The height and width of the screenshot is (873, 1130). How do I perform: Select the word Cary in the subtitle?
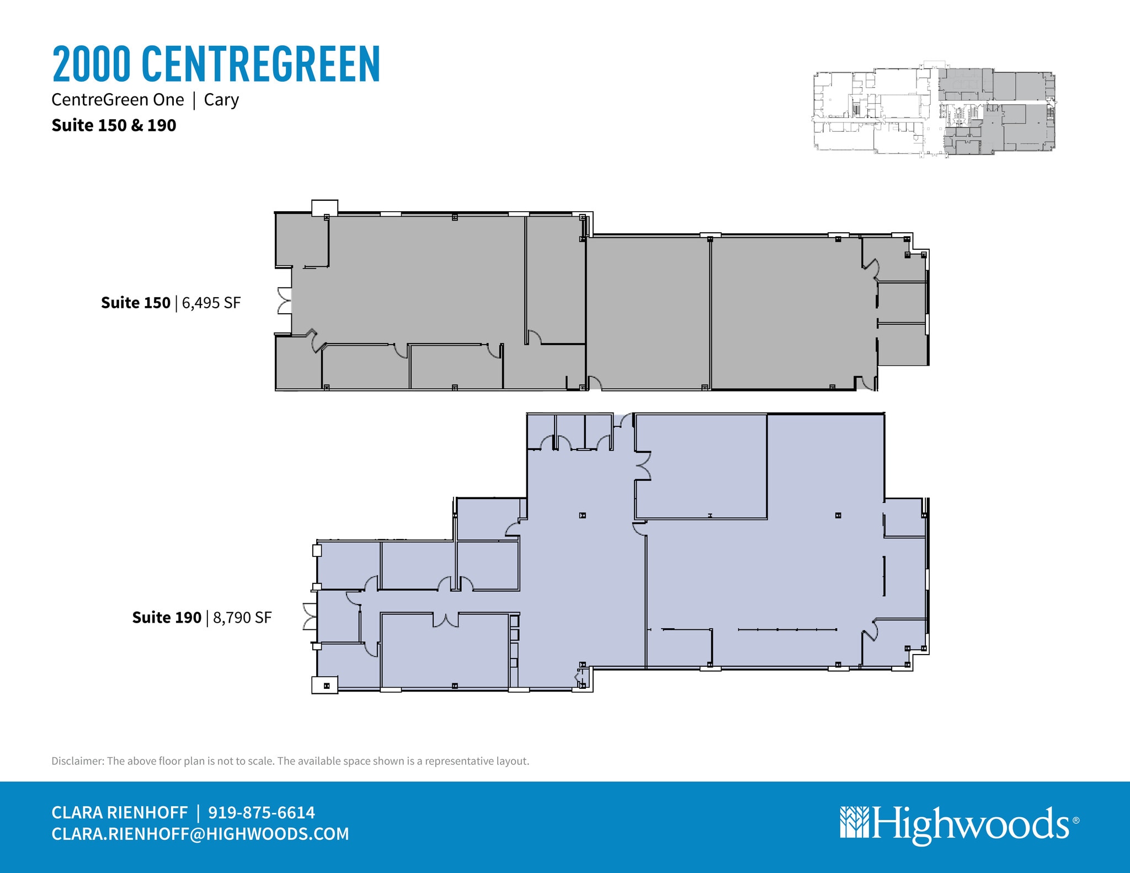coord(221,100)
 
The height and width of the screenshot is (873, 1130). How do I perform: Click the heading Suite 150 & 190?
coord(114,126)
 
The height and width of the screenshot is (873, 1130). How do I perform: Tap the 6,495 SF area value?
coord(211,303)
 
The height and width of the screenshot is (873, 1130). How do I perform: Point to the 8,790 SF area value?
coord(242,618)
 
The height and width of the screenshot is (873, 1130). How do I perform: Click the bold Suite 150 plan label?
coord(136,303)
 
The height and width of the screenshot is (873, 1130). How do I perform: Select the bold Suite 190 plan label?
coord(167,618)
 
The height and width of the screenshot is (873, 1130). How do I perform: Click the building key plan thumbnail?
coord(934,111)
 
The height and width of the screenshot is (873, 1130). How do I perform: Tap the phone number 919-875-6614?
coord(262,812)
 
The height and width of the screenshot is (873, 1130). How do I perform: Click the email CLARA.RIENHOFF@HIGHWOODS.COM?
coord(200,834)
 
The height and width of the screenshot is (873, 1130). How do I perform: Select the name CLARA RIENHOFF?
coord(120,812)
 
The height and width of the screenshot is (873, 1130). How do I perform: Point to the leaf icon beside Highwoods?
coord(854,823)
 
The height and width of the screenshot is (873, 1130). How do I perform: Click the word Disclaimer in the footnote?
coord(77,761)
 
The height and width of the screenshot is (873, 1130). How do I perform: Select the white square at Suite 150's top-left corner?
coord(324,208)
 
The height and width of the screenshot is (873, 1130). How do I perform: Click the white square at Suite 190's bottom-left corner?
coord(325,685)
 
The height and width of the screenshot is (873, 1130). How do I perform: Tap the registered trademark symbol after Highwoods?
coord(1076,820)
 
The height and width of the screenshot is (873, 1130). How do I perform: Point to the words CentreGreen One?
coord(118,100)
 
